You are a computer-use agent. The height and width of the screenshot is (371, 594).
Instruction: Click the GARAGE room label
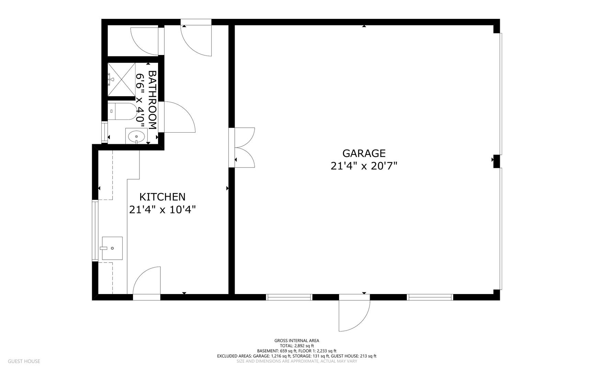[x=364, y=153]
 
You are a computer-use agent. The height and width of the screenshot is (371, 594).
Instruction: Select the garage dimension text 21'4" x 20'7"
[x=364, y=166]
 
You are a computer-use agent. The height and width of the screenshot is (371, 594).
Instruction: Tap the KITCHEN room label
[x=162, y=197]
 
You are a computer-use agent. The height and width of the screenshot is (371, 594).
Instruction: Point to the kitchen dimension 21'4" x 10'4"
[x=162, y=210]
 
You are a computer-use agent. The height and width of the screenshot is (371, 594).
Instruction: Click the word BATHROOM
[x=152, y=100]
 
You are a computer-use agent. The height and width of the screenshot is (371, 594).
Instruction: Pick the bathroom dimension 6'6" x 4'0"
[x=140, y=100]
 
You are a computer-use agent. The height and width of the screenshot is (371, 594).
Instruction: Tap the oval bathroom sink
[x=136, y=136]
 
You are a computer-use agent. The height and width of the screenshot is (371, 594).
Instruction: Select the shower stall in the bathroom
[x=121, y=80]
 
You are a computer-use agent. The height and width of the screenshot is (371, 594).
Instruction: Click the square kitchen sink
[x=112, y=248]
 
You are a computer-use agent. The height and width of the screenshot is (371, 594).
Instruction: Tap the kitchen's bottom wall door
[x=147, y=283]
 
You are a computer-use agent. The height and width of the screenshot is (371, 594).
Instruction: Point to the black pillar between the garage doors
[x=496, y=161]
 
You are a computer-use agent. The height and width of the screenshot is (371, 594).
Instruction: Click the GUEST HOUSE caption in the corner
[x=24, y=361]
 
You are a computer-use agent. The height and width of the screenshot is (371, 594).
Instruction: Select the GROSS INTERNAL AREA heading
[x=296, y=341]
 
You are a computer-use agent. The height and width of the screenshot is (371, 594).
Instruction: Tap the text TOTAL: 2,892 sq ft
[x=296, y=346]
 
